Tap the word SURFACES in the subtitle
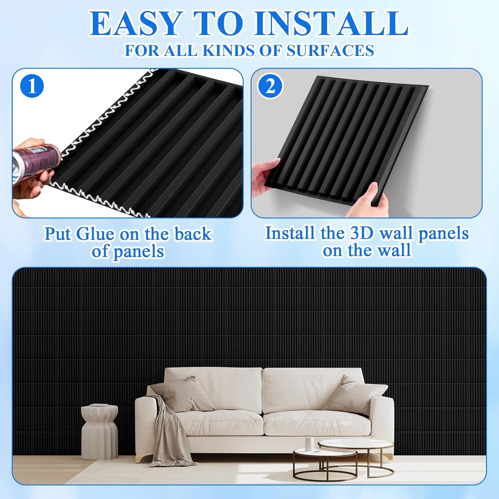330,51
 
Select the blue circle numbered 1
32,86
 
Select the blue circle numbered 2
270,86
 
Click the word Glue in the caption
95,234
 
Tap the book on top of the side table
99,405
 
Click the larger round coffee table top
356,445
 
